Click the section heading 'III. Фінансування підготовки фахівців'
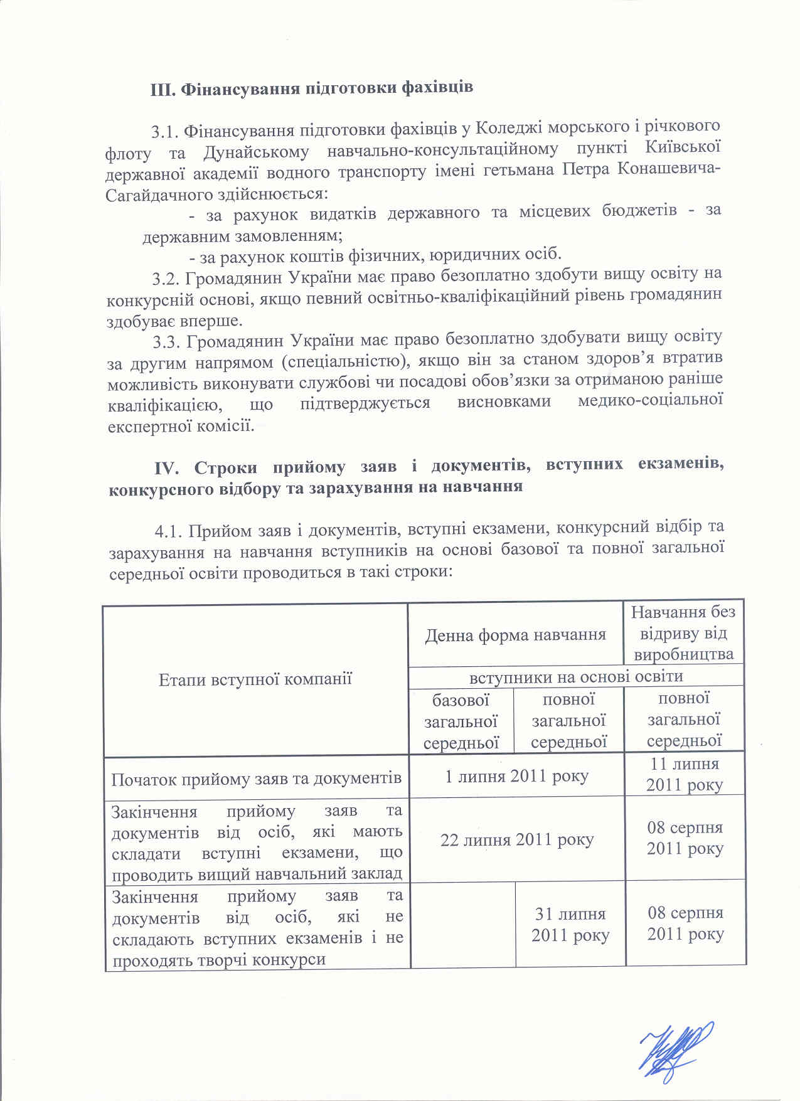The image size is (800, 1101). click(x=311, y=87)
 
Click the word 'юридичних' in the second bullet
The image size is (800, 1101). click(x=469, y=255)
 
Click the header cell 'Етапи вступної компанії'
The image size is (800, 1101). click(x=255, y=679)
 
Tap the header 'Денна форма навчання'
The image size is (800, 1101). click(x=515, y=635)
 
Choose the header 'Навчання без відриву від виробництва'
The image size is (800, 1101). click(x=683, y=633)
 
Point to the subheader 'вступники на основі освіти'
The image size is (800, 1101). click(x=576, y=676)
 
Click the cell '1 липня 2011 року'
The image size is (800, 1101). click(x=516, y=776)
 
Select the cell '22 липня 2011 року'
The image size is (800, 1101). click(x=516, y=839)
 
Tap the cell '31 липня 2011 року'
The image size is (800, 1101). click(x=570, y=924)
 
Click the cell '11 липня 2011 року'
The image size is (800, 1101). click(x=685, y=774)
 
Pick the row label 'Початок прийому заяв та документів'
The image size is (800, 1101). click(x=256, y=779)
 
